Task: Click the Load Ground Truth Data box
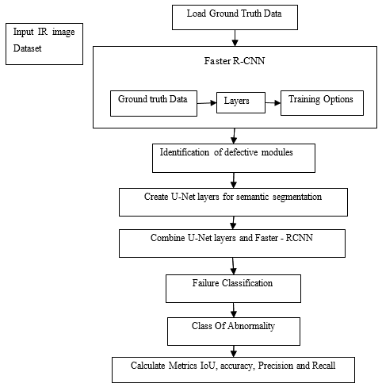click(235, 17)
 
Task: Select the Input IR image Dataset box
click(44, 44)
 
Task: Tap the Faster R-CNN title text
click(235, 61)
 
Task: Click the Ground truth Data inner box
click(154, 103)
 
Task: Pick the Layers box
click(241, 102)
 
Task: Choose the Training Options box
click(322, 103)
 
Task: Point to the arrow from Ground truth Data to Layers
click(207, 103)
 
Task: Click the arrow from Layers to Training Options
click(273, 102)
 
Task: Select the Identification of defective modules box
click(234, 158)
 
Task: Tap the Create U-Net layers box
click(233, 202)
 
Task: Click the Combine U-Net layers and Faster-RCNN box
click(232, 243)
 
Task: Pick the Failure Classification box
click(233, 289)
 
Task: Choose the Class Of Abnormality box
click(234, 332)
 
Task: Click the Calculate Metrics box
click(233, 370)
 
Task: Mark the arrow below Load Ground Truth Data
click(235, 38)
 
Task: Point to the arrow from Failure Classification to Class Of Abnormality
click(234, 310)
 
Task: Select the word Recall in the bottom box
click(324, 366)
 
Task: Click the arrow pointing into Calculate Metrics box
click(234, 351)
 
